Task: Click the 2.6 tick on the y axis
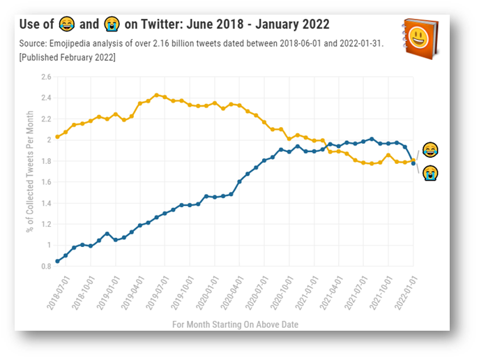(46, 77)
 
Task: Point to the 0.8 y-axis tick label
(46, 266)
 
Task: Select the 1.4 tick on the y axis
(46, 203)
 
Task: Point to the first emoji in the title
(66, 24)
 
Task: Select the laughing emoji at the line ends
(430, 150)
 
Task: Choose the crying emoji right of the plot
(430, 172)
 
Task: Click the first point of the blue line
(57, 261)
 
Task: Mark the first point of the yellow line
(57, 137)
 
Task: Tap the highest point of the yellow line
(156, 95)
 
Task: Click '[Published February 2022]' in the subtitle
(68, 57)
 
